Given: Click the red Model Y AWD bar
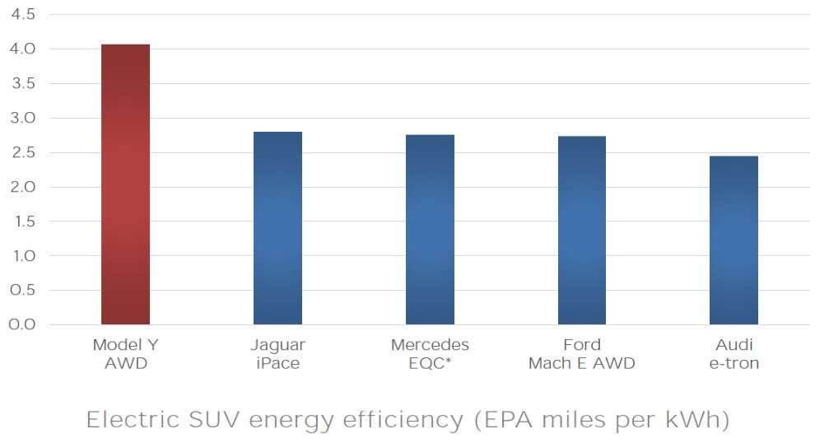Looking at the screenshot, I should coord(125,184).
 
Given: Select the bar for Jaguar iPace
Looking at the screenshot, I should coord(277,228).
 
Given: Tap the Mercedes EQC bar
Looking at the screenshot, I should coord(430,230).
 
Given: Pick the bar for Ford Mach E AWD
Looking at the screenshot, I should coord(581,231).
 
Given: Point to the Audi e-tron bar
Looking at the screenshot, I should coord(734,240).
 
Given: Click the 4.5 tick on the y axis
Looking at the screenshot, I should coord(22,15).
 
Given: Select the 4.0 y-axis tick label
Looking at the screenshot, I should coord(22,49).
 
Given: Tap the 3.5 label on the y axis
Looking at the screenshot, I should coord(22,84).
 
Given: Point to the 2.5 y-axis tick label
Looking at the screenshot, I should coord(22,152).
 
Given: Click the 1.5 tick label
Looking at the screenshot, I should coord(22,221).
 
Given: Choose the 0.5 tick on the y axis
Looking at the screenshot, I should coord(22,290).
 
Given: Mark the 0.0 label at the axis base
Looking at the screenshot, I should coord(22,324).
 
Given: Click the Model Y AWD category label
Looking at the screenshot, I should coord(125,354).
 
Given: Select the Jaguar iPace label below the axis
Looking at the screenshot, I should coord(277,354).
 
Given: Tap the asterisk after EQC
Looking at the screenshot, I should coord(449,361).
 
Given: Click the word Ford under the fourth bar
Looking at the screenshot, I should coord(581,345).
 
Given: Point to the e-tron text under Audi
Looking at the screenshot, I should coord(734,363).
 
